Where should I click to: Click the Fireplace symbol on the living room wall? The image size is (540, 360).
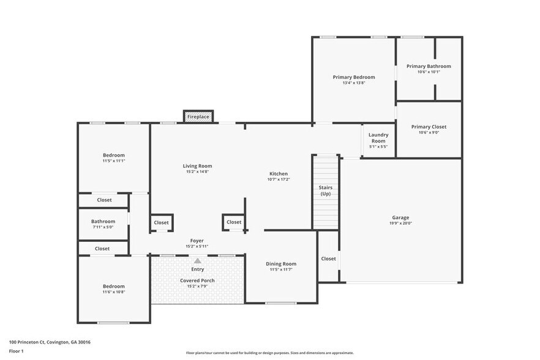tap(198, 116)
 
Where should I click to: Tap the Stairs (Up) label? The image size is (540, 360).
tap(326, 190)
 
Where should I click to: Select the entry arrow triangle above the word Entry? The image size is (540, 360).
tap(197, 261)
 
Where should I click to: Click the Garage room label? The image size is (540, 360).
tap(401, 217)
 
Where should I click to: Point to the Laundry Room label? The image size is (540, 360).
tap(378, 138)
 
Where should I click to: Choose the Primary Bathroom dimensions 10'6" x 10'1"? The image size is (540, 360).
tap(429, 72)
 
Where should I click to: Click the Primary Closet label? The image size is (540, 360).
tap(429, 127)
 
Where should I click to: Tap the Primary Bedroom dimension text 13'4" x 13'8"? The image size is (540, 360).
tap(354, 83)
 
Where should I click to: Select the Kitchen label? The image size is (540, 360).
tap(278, 173)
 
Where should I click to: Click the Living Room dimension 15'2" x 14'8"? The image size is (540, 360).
tap(197, 172)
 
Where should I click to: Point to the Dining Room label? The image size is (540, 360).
tap(281, 263)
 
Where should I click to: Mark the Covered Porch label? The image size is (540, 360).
tap(197, 280)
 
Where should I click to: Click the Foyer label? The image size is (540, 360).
tap(197, 241)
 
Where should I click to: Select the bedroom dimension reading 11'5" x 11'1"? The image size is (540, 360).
tap(113, 161)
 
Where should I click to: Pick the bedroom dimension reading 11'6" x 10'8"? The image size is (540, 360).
tap(113, 292)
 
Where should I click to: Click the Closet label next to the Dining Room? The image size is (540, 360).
tap(328, 258)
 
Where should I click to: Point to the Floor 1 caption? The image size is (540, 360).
tap(17, 351)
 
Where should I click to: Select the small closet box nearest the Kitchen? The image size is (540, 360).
tap(234, 222)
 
